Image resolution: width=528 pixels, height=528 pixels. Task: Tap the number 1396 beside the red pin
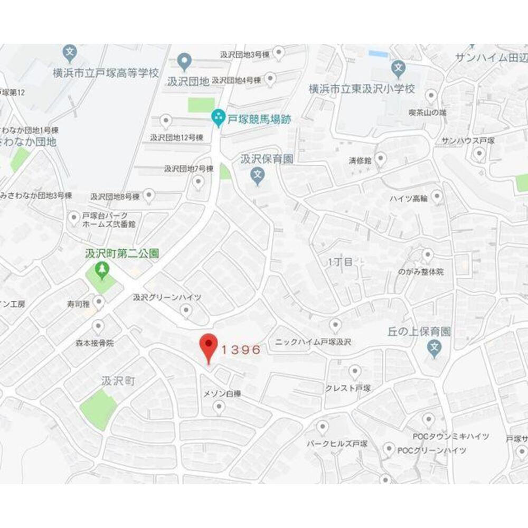click(x=241, y=349)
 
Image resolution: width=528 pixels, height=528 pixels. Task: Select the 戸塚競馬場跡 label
click(x=259, y=119)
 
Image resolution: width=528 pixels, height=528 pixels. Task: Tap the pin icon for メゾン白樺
click(x=219, y=407)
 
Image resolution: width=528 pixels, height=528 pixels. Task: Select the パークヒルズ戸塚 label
click(x=337, y=444)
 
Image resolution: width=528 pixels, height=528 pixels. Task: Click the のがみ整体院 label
click(x=421, y=271)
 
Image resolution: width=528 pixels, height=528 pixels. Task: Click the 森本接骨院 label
click(x=95, y=343)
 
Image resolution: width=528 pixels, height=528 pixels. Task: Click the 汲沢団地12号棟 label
click(x=176, y=137)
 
